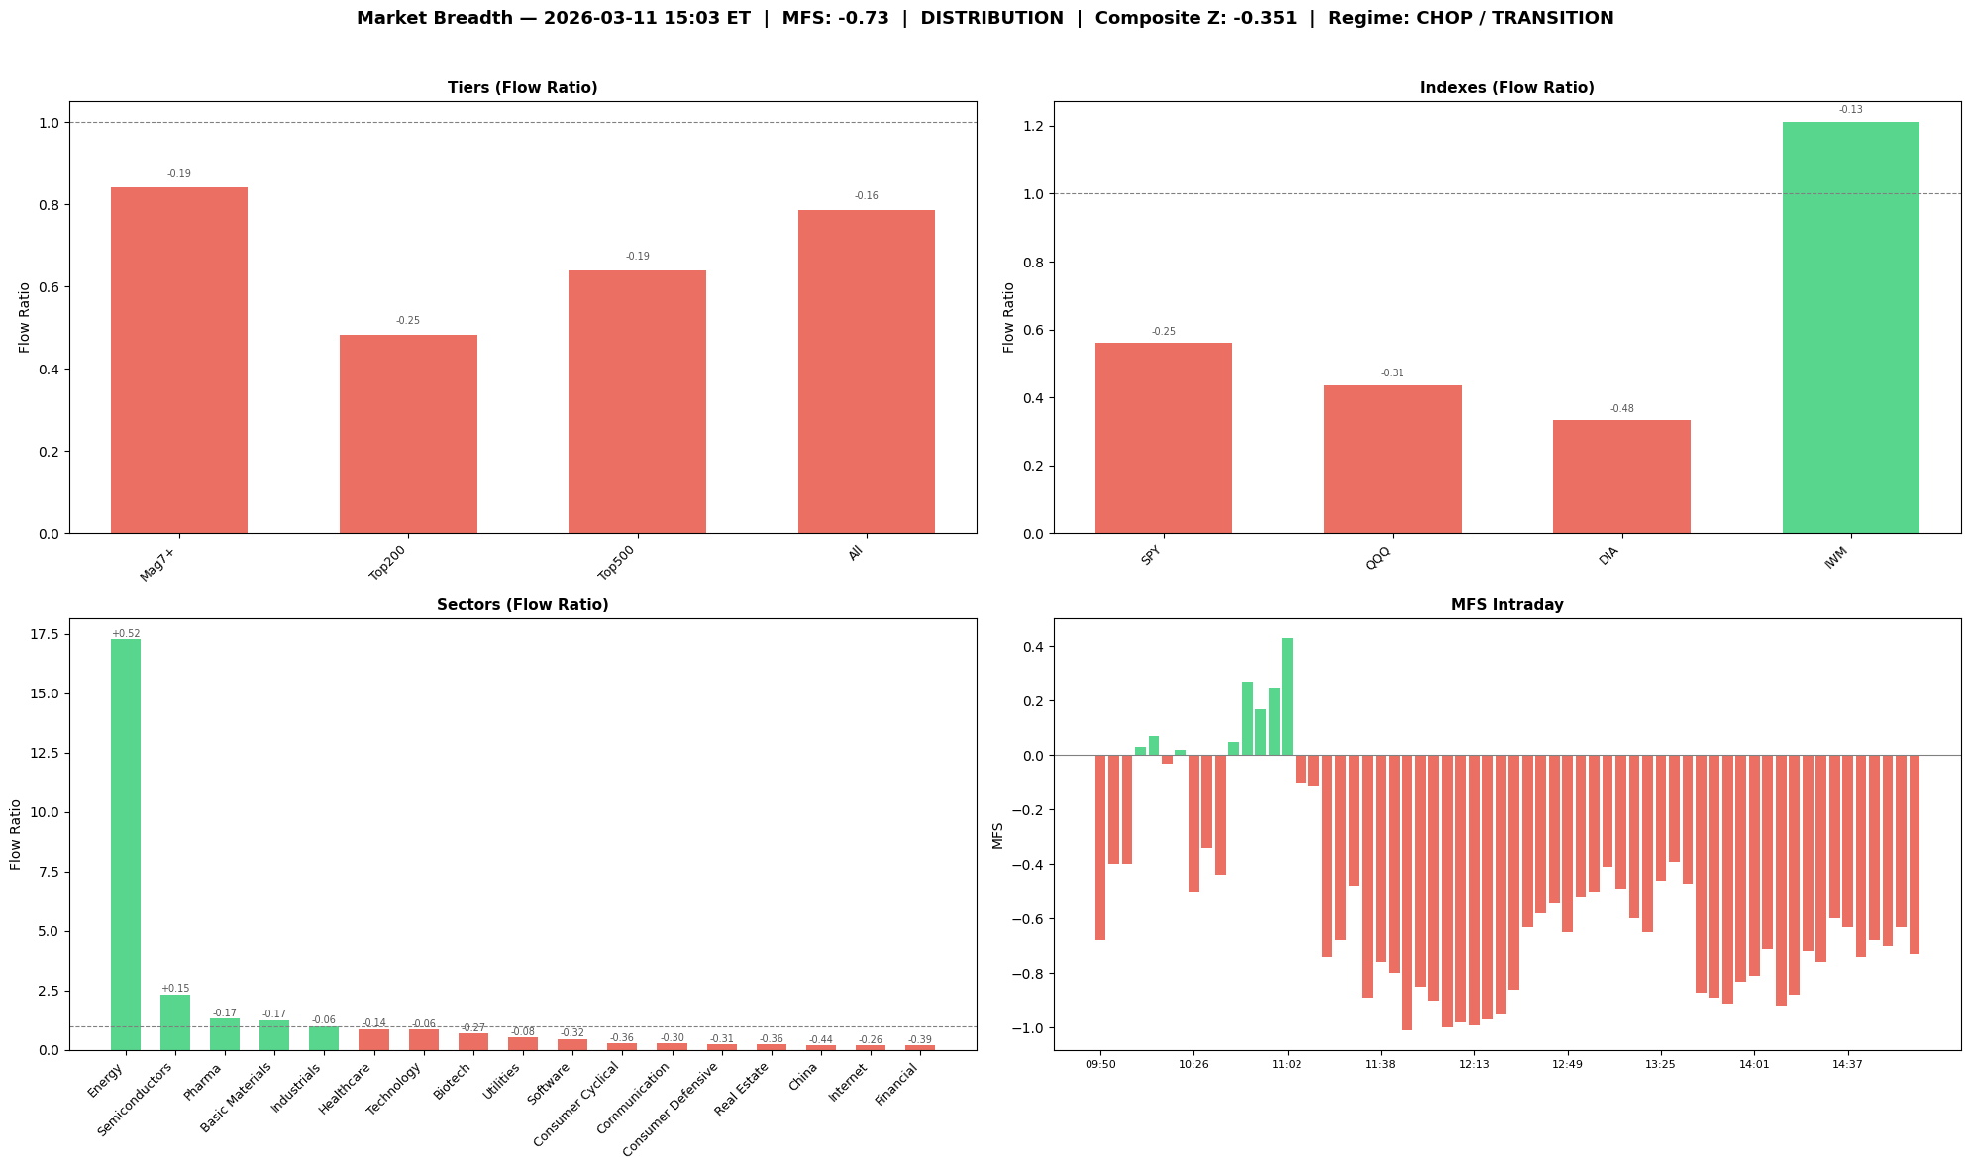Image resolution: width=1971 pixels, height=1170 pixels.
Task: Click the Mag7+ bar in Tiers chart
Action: [x=179, y=361]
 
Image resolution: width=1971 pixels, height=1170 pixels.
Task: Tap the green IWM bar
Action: [x=1850, y=327]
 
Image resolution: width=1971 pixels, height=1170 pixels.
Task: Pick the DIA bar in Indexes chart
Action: [x=1621, y=477]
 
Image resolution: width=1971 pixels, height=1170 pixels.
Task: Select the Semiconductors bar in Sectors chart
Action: [x=175, y=1021]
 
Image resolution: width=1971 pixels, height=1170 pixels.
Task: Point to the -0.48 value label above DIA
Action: [x=1621, y=408]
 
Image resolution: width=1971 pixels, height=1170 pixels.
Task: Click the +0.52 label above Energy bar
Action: [x=126, y=633]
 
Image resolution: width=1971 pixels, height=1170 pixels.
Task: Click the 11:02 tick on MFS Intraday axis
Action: [x=1287, y=1064]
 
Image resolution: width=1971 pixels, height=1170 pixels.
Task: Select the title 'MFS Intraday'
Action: [x=1506, y=605]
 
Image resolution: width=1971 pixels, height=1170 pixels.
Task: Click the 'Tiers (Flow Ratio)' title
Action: [x=522, y=88]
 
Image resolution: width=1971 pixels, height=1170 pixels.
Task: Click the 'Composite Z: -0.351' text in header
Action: [x=1195, y=18]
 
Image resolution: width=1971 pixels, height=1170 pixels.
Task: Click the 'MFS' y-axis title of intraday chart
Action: [x=998, y=835]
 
